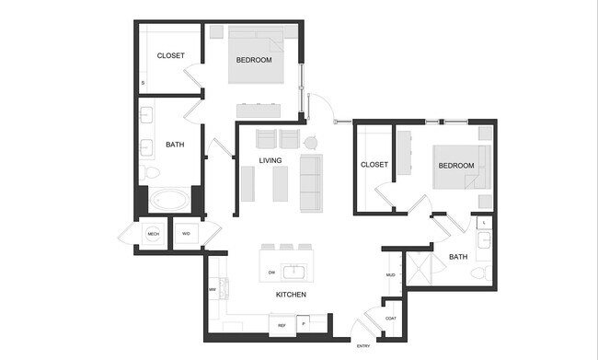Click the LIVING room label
click(x=270, y=161)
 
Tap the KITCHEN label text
click(x=291, y=295)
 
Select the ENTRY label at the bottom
click(x=365, y=345)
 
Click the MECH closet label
click(x=154, y=235)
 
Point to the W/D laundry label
click(x=186, y=235)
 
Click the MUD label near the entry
click(x=391, y=274)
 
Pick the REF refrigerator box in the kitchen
click(x=282, y=325)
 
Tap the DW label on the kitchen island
click(x=271, y=273)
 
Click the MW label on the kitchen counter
click(x=212, y=289)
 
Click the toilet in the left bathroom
click(x=152, y=173)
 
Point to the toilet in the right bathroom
click(x=480, y=273)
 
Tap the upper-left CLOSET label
click(x=170, y=56)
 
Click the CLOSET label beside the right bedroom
click(x=374, y=165)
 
